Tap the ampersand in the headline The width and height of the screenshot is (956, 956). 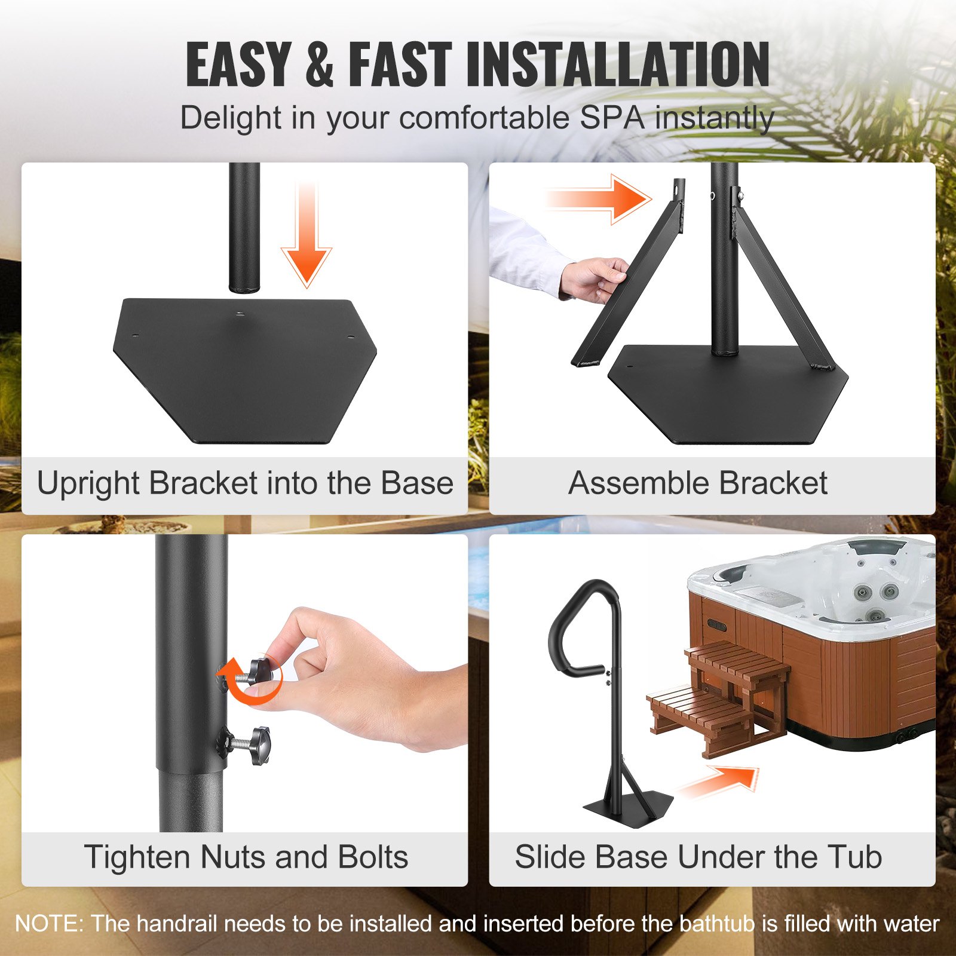click(x=319, y=65)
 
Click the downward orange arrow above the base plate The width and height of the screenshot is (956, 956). click(x=307, y=239)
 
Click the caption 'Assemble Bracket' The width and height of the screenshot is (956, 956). click(x=697, y=483)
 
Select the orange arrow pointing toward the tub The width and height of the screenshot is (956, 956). click(x=720, y=782)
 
